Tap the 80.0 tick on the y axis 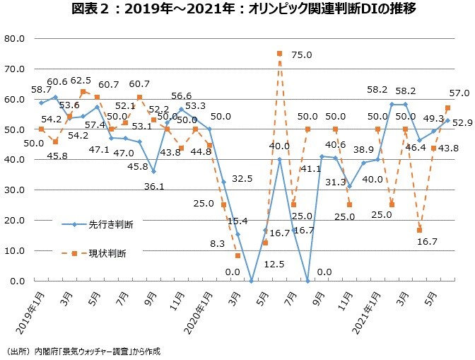[x=15, y=39]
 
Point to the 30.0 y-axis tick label [x=15, y=190]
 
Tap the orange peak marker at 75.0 [x=280, y=54]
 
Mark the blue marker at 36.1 [x=153, y=171]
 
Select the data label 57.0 [x=459, y=93]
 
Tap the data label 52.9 [x=463, y=123]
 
